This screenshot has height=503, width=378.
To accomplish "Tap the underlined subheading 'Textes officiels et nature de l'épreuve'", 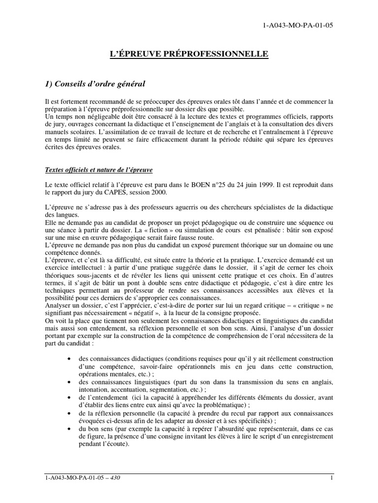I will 98,169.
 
